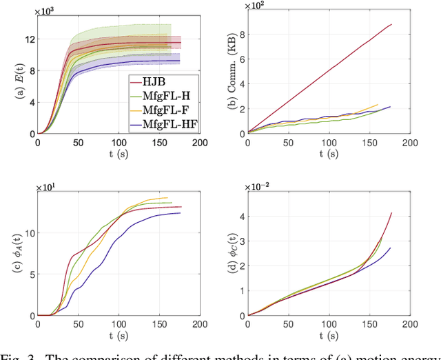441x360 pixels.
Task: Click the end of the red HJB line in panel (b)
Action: point(391,25)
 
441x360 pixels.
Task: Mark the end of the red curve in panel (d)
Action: point(391,213)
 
